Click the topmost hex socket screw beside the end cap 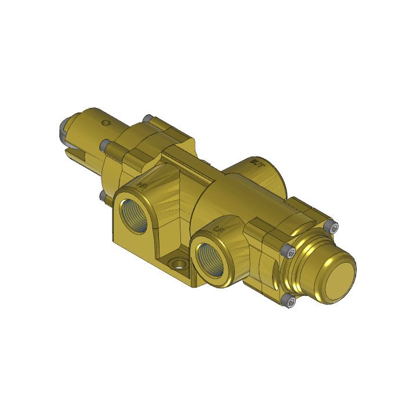[x=332, y=227]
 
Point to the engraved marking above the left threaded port [x=141, y=186]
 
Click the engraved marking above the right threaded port [x=219, y=230]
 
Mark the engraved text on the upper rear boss [x=253, y=164]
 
